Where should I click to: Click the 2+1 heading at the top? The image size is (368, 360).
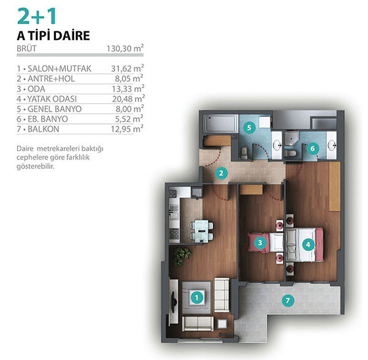[x=37, y=16]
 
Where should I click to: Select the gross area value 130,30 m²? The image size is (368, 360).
[x=125, y=48]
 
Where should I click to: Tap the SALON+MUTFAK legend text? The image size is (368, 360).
[x=59, y=69]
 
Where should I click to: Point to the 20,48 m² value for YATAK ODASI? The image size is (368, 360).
[x=128, y=99]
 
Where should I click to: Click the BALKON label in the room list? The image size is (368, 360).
[x=44, y=129]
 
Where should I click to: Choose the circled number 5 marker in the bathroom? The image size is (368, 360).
[x=249, y=128]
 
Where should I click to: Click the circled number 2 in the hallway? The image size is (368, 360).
[x=221, y=174]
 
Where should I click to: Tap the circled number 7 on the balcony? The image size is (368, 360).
[x=288, y=300]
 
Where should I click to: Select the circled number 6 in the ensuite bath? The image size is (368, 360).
[x=312, y=148]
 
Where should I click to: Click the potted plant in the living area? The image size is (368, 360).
[x=181, y=256]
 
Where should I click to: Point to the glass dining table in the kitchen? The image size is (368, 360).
[x=202, y=231]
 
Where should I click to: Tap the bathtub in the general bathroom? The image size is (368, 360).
[x=220, y=123]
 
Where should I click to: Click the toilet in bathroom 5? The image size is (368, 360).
[x=245, y=153]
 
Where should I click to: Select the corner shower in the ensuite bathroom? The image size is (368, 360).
[x=291, y=139]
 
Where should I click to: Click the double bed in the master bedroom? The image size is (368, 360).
[x=304, y=245]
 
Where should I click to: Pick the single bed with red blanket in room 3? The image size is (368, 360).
[x=265, y=242]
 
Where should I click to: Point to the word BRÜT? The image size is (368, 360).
[x=26, y=48]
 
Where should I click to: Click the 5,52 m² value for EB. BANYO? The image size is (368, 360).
[x=129, y=119]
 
